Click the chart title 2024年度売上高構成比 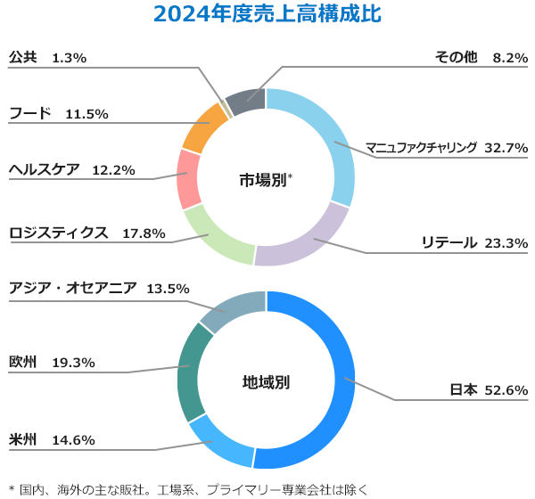coord(267,15)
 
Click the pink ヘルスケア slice coord(188,178)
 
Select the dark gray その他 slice coord(247,98)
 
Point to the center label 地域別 coord(266,382)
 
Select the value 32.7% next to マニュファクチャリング coord(506,147)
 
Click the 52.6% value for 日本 coord(506,389)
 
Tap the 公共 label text coord(23,57)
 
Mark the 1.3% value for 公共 coord(69,58)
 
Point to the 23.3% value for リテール coord(506,242)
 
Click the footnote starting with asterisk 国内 coord(187,488)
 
